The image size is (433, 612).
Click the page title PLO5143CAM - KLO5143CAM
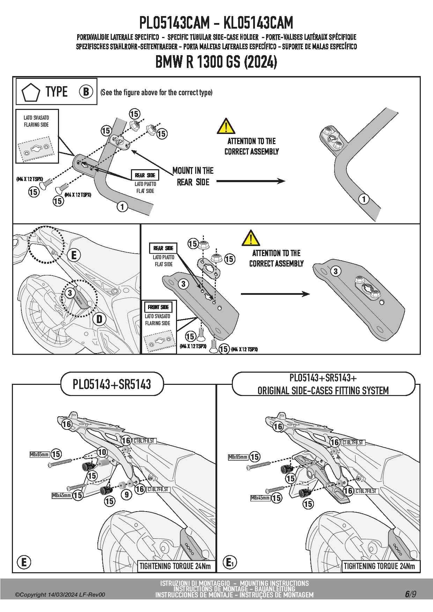pyautogui.click(x=216, y=23)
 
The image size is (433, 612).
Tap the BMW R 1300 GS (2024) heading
pyautogui.click(x=216, y=62)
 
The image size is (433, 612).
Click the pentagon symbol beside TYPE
pyautogui.click(x=30, y=92)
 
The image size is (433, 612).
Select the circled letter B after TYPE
pyautogui.click(x=86, y=92)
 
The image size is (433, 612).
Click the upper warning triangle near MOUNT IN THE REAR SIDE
pyautogui.click(x=226, y=126)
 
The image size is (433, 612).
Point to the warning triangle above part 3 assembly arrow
pyautogui.click(x=250, y=238)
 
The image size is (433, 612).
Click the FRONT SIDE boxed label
pyautogui.click(x=158, y=307)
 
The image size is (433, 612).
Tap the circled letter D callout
pyautogui.click(x=100, y=319)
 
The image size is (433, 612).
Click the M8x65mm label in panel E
pyautogui.click(x=39, y=454)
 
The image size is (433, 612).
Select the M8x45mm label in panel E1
pyautogui.click(x=260, y=498)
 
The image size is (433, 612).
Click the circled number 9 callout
pyautogui.click(x=127, y=494)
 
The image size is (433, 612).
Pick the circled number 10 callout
pyautogui.click(x=102, y=452)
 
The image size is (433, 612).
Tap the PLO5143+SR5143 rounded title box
pyautogui.click(x=112, y=384)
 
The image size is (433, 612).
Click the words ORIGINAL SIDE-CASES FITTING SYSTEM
pyautogui.click(x=323, y=390)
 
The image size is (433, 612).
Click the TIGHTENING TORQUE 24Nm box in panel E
pyautogui.click(x=175, y=566)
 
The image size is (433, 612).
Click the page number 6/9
pyautogui.click(x=411, y=594)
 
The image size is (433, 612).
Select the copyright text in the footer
pyautogui.click(x=60, y=595)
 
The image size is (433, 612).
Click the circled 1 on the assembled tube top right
pyautogui.click(x=364, y=199)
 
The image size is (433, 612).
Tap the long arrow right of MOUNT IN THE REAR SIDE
pyautogui.click(x=250, y=181)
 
